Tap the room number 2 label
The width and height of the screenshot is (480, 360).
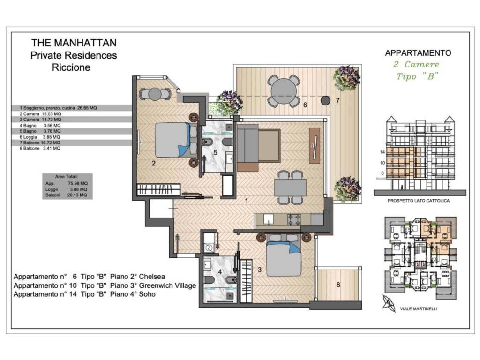click(154, 163)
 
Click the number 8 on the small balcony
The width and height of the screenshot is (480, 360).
click(338, 285)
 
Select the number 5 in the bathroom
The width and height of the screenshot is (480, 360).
click(215, 152)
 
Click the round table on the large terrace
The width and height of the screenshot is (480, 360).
click(284, 91)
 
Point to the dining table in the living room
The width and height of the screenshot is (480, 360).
click(290, 187)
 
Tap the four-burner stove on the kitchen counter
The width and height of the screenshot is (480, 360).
click(294, 219)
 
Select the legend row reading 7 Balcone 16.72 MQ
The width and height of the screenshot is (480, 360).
click(40, 142)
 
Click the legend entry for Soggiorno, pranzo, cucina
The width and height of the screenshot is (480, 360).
click(58, 108)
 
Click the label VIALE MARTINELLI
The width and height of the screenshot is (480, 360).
click(419, 308)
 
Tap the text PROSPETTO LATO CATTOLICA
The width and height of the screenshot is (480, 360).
click(419, 201)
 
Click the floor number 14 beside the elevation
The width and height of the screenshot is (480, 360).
click(382, 152)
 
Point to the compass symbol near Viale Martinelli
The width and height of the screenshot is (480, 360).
click(389, 303)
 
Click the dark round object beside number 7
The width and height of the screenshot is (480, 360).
click(325, 100)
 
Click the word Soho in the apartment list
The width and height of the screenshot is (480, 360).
click(147, 294)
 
